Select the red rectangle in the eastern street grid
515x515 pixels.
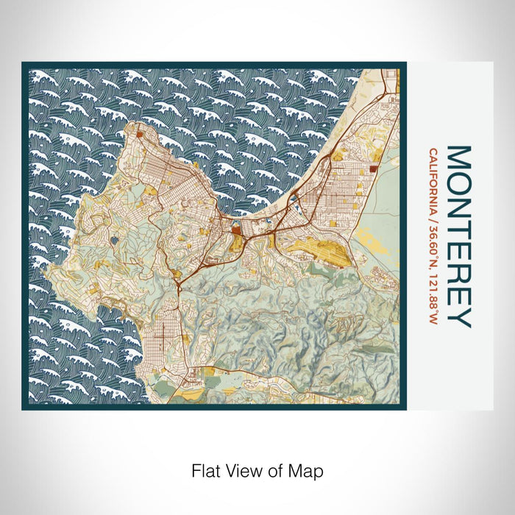(x=374, y=169)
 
